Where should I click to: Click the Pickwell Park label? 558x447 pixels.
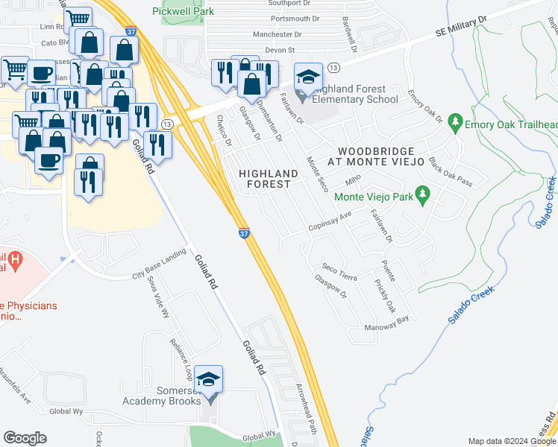tap(183, 11)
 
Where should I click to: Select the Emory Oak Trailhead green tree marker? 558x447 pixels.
tap(455, 124)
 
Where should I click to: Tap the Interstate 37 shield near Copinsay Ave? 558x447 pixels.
tap(244, 233)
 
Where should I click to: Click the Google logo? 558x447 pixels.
tap(25, 438)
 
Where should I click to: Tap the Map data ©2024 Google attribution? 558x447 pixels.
tap(510, 441)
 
